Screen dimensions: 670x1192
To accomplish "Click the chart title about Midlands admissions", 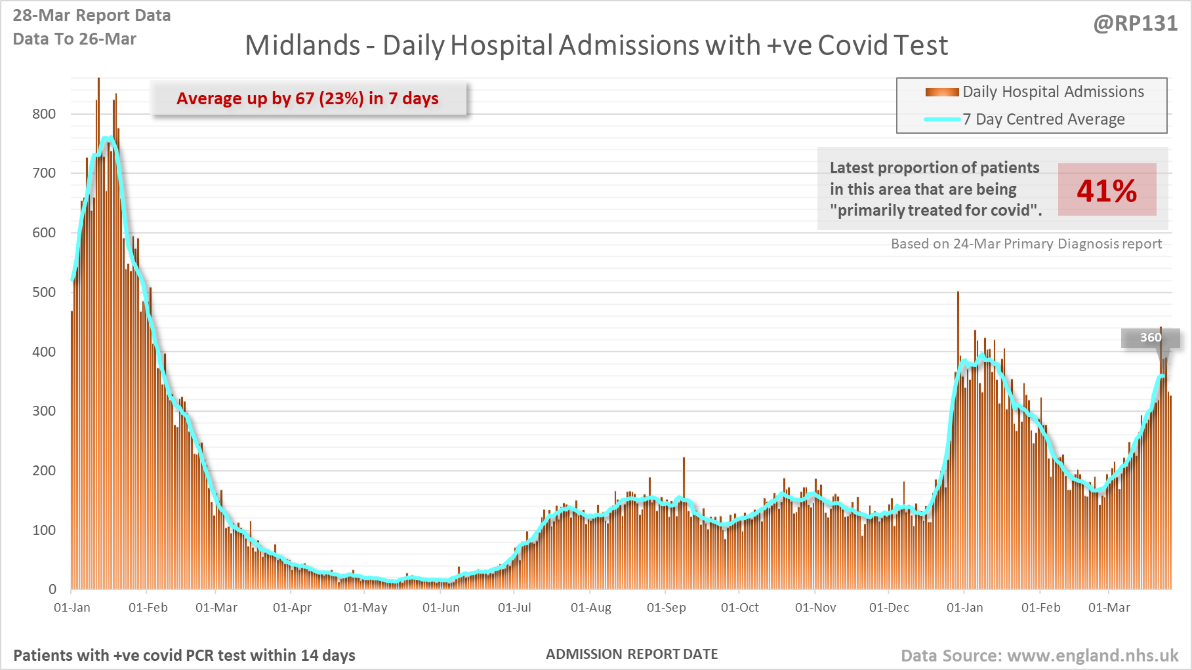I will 596,46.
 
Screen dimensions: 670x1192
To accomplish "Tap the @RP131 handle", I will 1136,24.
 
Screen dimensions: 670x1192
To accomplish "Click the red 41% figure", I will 1107,191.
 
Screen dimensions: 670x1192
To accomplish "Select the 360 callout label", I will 1151,338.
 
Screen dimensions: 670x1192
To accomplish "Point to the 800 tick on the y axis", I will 44,114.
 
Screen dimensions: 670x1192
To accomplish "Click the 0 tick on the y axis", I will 52,589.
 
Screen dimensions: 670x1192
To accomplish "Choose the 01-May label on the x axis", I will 365,608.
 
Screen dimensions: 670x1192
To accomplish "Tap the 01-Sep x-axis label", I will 666,608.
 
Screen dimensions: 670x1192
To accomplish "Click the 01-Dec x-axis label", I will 889,608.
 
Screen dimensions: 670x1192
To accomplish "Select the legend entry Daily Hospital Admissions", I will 1052,92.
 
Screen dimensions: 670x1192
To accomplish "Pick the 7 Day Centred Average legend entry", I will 1043,119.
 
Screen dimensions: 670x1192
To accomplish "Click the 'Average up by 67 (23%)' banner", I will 308,98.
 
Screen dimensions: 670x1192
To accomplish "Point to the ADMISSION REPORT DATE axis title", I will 632,654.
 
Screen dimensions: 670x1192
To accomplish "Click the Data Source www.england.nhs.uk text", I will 1039,656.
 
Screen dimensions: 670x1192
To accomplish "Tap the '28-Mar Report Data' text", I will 92,16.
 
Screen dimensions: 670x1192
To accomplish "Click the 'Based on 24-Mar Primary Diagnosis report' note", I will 1026,244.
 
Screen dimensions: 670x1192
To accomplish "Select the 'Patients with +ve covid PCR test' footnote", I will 184,656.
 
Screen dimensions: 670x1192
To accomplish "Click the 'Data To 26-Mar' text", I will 75,39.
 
